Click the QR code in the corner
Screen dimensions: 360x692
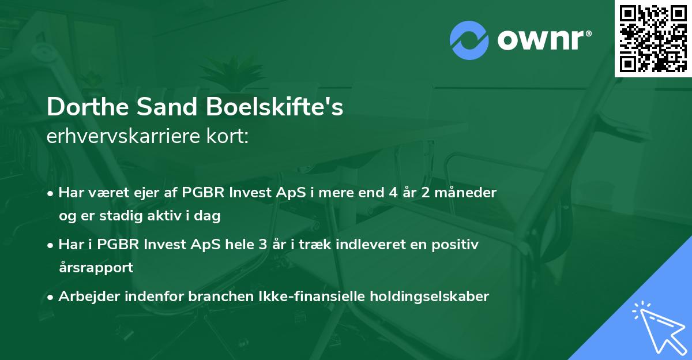tap(653, 38)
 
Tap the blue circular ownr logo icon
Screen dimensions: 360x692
tap(469, 40)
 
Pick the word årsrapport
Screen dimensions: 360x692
tap(96, 268)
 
